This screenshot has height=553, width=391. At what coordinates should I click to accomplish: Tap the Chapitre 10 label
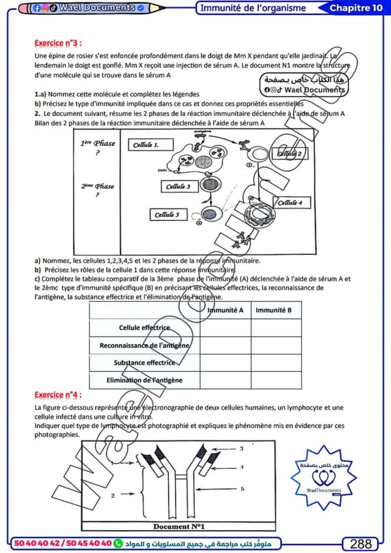[x=356, y=8]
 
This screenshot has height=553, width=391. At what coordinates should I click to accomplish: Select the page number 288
[x=360, y=543]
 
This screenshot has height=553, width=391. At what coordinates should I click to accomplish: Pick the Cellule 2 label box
[x=290, y=154]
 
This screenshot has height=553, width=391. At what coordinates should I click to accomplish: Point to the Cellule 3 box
[x=178, y=186]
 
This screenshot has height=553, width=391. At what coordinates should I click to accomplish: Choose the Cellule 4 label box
[x=290, y=203]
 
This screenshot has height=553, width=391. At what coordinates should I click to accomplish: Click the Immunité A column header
[x=225, y=310]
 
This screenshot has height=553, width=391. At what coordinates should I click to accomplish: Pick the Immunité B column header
[x=274, y=310]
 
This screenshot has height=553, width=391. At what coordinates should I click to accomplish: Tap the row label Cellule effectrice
[x=144, y=328]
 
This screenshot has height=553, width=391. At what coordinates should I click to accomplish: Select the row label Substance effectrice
[x=144, y=362]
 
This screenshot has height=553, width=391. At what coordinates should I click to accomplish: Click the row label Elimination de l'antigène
[x=145, y=380]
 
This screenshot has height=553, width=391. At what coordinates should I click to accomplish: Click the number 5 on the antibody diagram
[x=242, y=488]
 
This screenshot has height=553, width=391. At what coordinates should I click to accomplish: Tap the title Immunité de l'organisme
[x=253, y=8]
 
